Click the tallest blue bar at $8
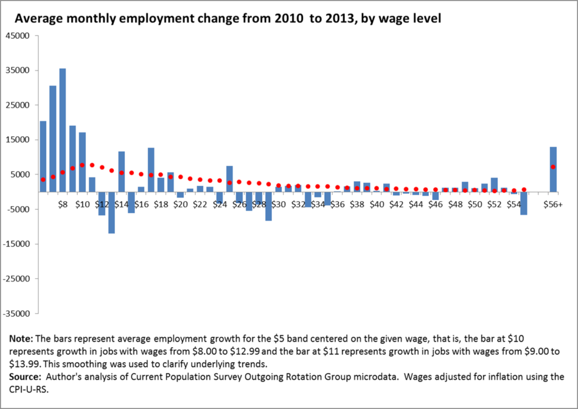pos(63,130)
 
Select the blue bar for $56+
pos(553,170)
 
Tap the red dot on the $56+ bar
pos(553,167)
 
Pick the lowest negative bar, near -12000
pos(112,212)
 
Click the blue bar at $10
pos(82,162)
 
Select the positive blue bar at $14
pos(122,171)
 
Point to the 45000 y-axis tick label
pos(17,35)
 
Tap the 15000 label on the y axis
pos(17,140)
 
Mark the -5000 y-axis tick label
pos(18,210)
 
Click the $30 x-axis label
pos(278,205)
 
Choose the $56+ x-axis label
pos(553,205)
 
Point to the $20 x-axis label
pos(180,205)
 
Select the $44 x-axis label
pos(416,205)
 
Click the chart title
pos(228,18)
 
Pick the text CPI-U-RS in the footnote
pos(29,389)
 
